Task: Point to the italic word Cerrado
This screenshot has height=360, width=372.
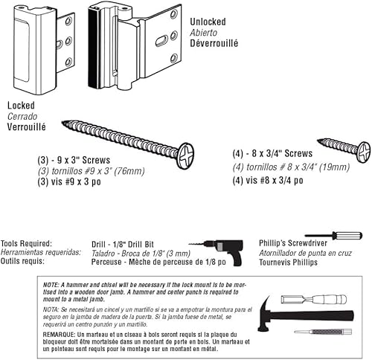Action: coord(22,117)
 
